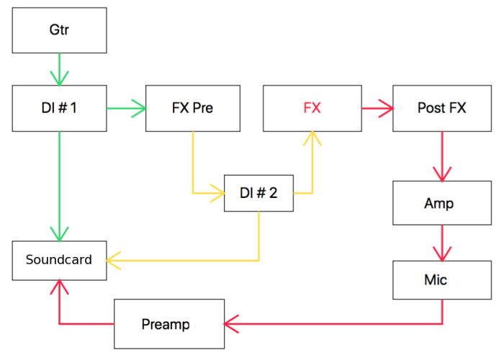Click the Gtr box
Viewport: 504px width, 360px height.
click(x=59, y=30)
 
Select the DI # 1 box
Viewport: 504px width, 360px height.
click(x=59, y=108)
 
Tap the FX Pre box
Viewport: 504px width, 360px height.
click(x=192, y=108)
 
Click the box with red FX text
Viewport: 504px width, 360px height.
click(x=312, y=108)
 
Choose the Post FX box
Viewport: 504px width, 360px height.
click(x=441, y=108)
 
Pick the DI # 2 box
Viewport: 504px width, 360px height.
click(x=258, y=192)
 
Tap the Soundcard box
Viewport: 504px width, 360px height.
click(x=59, y=260)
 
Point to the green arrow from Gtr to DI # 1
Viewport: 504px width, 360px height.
click(x=59, y=68)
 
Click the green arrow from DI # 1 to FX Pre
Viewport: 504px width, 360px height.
click(x=126, y=109)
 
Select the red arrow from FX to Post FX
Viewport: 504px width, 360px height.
click(x=377, y=109)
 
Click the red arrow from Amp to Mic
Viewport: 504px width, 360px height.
click(x=441, y=243)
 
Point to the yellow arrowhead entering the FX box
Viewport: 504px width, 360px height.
click(x=312, y=138)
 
